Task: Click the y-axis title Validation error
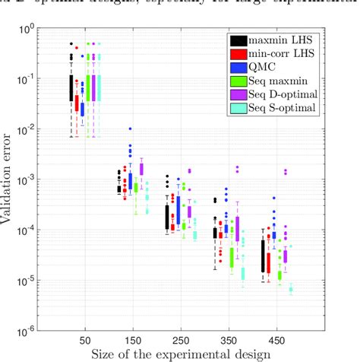tap(14, 179)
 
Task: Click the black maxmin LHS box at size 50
tap(71, 87)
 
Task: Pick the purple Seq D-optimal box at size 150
tap(141, 170)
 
